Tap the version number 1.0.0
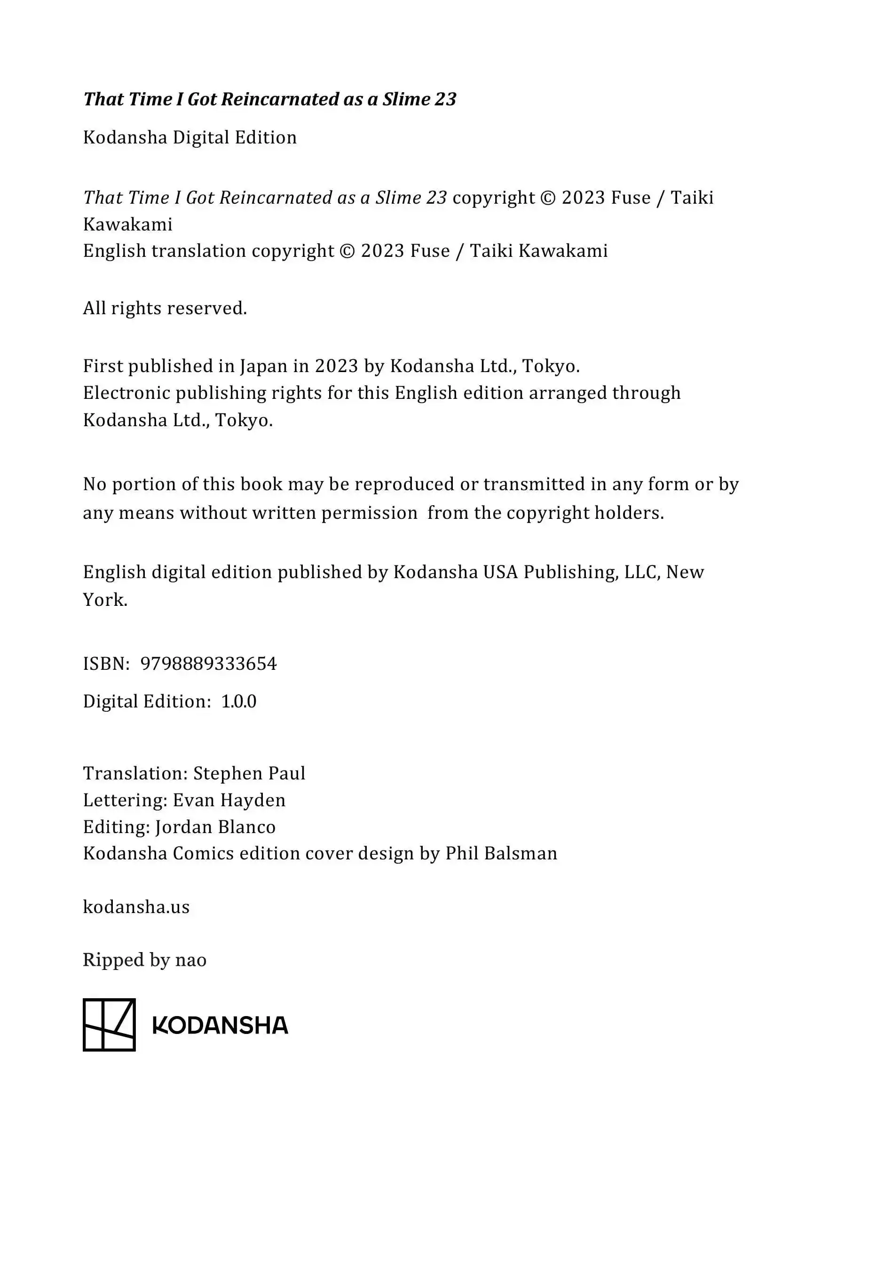(x=238, y=702)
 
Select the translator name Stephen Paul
(x=249, y=773)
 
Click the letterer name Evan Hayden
(x=229, y=801)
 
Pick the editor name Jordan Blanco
(x=215, y=827)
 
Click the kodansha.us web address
(x=136, y=907)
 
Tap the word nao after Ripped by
(x=191, y=960)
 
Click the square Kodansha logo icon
(x=109, y=1025)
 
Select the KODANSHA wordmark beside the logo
(x=220, y=1026)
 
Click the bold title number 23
(x=445, y=99)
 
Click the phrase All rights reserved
(x=165, y=308)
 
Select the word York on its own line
(x=105, y=600)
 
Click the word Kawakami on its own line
(x=128, y=224)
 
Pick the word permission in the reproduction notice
(x=369, y=513)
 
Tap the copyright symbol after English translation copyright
(x=347, y=251)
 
